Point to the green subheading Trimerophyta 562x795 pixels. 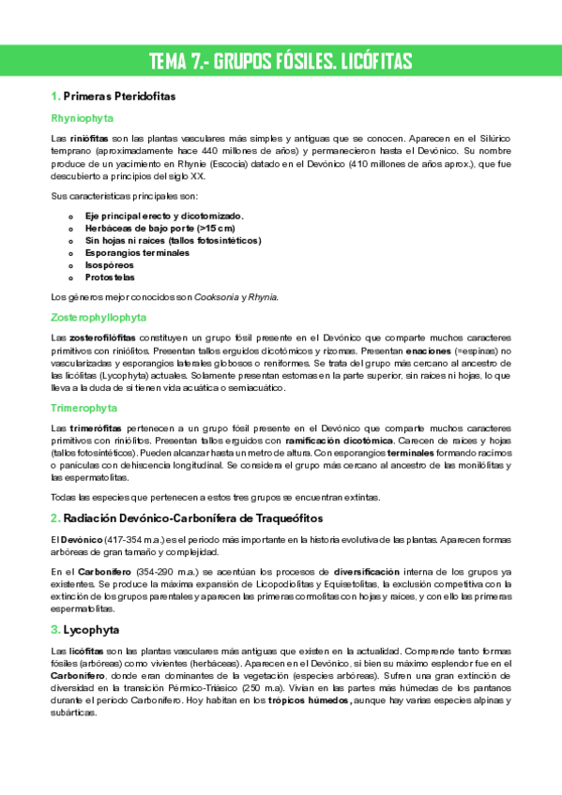pyautogui.click(x=84, y=408)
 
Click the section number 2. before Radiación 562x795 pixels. pyautogui.click(x=55, y=518)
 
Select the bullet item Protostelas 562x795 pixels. pyautogui.click(x=110, y=277)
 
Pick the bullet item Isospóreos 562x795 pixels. pyautogui.click(x=109, y=265)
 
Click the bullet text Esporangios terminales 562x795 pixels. pyautogui.click(x=136, y=253)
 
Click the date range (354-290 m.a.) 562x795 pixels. pyautogui.click(x=139, y=570)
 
